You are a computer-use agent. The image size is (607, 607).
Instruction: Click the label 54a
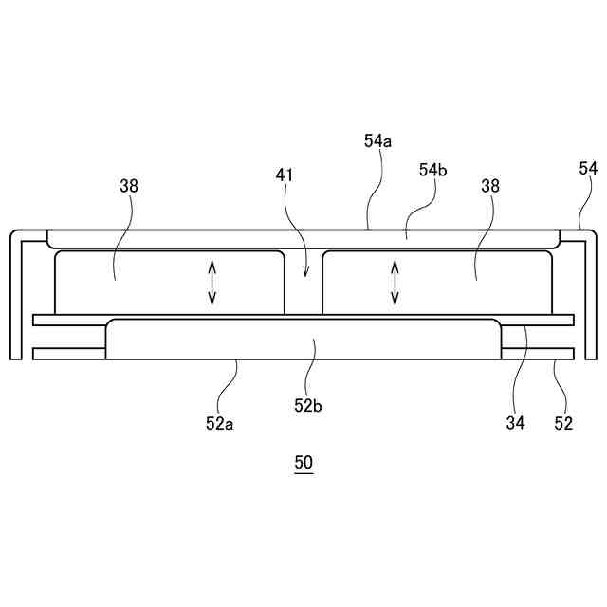click(x=377, y=140)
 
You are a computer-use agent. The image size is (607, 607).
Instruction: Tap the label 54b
click(x=433, y=170)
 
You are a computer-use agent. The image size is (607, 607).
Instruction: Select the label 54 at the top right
click(x=588, y=168)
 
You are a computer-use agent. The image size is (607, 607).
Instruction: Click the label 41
click(x=285, y=175)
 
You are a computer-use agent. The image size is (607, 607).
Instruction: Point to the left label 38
click(x=129, y=186)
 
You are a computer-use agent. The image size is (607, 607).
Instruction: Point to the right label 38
click(x=490, y=186)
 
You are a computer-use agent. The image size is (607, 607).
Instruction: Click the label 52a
click(x=219, y=424)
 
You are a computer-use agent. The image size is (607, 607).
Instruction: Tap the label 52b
click(x=308, y=405)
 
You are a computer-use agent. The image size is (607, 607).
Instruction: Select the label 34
click(x=515, y=424)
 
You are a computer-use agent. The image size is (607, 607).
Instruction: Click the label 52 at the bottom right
click(x=563, y=424)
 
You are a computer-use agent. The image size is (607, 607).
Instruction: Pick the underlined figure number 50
click(x=303, y=464)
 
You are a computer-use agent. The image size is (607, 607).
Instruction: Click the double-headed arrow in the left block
click(x=212, y=283)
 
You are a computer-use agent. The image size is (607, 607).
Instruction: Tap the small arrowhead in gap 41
click(x=304, y=273)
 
